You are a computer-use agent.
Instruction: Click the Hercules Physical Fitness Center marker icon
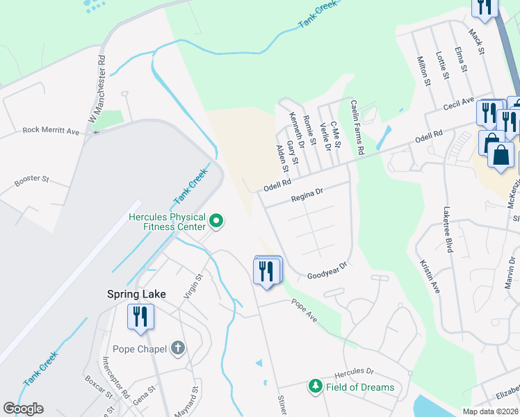[216, 222]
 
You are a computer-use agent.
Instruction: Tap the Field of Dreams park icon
[315, 386]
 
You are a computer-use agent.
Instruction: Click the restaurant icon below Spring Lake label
[140, 317]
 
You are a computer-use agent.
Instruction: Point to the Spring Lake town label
[136, 294]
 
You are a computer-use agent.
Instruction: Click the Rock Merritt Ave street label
[51, 130]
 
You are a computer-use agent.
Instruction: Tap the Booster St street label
[32, 182]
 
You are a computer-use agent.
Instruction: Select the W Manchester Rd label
[97, 90]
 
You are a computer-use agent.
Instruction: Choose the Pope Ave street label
[304, 310]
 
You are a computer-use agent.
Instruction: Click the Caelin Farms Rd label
[357, 126]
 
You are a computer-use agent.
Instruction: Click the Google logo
[23, 409]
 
